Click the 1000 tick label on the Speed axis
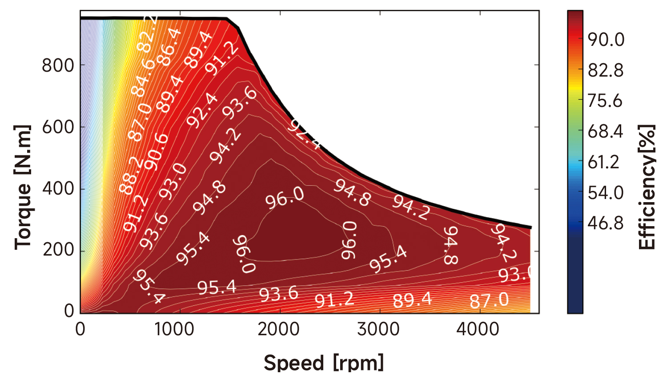pos(174,330)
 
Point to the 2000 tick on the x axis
pos(279,330)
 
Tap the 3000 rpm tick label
pos(378,330)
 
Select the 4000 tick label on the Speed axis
pos(478,330)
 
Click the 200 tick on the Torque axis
pos(59,250)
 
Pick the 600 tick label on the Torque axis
pos(58,127)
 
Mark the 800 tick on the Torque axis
pos(58,65)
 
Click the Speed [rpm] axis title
pos(324,362)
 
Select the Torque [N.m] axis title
pos(23,187)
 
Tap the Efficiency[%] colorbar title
pos(647,187)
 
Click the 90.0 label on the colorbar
pos(606,40)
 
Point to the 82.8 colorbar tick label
pos(606,70)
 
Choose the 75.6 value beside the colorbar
pos(605,101)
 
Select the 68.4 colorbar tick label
pos(606,132)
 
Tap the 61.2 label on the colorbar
pos(603,163)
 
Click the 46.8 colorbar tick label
pos(606,223)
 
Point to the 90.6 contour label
pos(157,152)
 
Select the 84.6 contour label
pos(143,77)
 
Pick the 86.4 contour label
pos(170,47)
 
